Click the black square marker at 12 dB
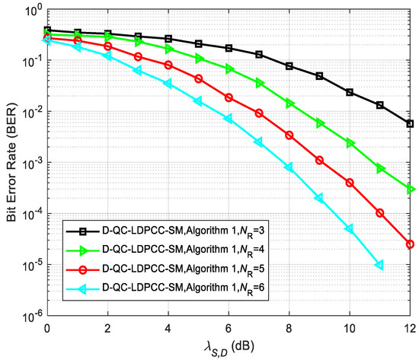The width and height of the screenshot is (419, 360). pos(410,123)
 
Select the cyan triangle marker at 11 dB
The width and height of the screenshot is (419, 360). pos(379,265)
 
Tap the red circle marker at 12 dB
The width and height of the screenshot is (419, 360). pos(410,244)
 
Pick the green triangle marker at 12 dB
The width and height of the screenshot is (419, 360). pos(410,189)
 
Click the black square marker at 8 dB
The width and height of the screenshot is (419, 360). pos(289,66)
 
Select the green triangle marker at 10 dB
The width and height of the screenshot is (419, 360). pos(350,143)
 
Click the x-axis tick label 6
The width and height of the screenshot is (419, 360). pos(229,328)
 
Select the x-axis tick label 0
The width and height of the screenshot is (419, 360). pos(47,328)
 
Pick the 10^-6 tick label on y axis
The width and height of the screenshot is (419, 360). pos(31,316)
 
